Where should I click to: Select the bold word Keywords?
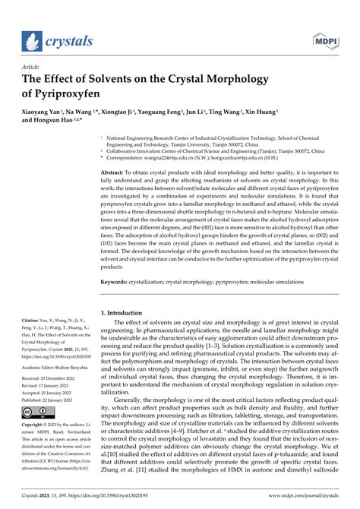point(118,281)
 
